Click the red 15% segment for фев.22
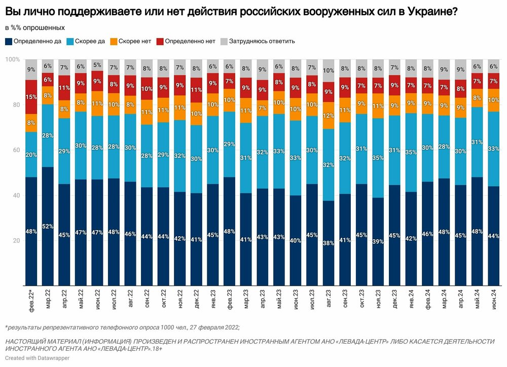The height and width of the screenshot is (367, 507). tap(31, 97)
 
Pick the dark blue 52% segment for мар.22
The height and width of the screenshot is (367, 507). tap(48, 226)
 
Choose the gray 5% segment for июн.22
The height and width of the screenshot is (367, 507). tap(97, 65)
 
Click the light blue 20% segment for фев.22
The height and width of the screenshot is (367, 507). tap(31, 155)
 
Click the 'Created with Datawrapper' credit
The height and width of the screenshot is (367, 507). tap(38, 358)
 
